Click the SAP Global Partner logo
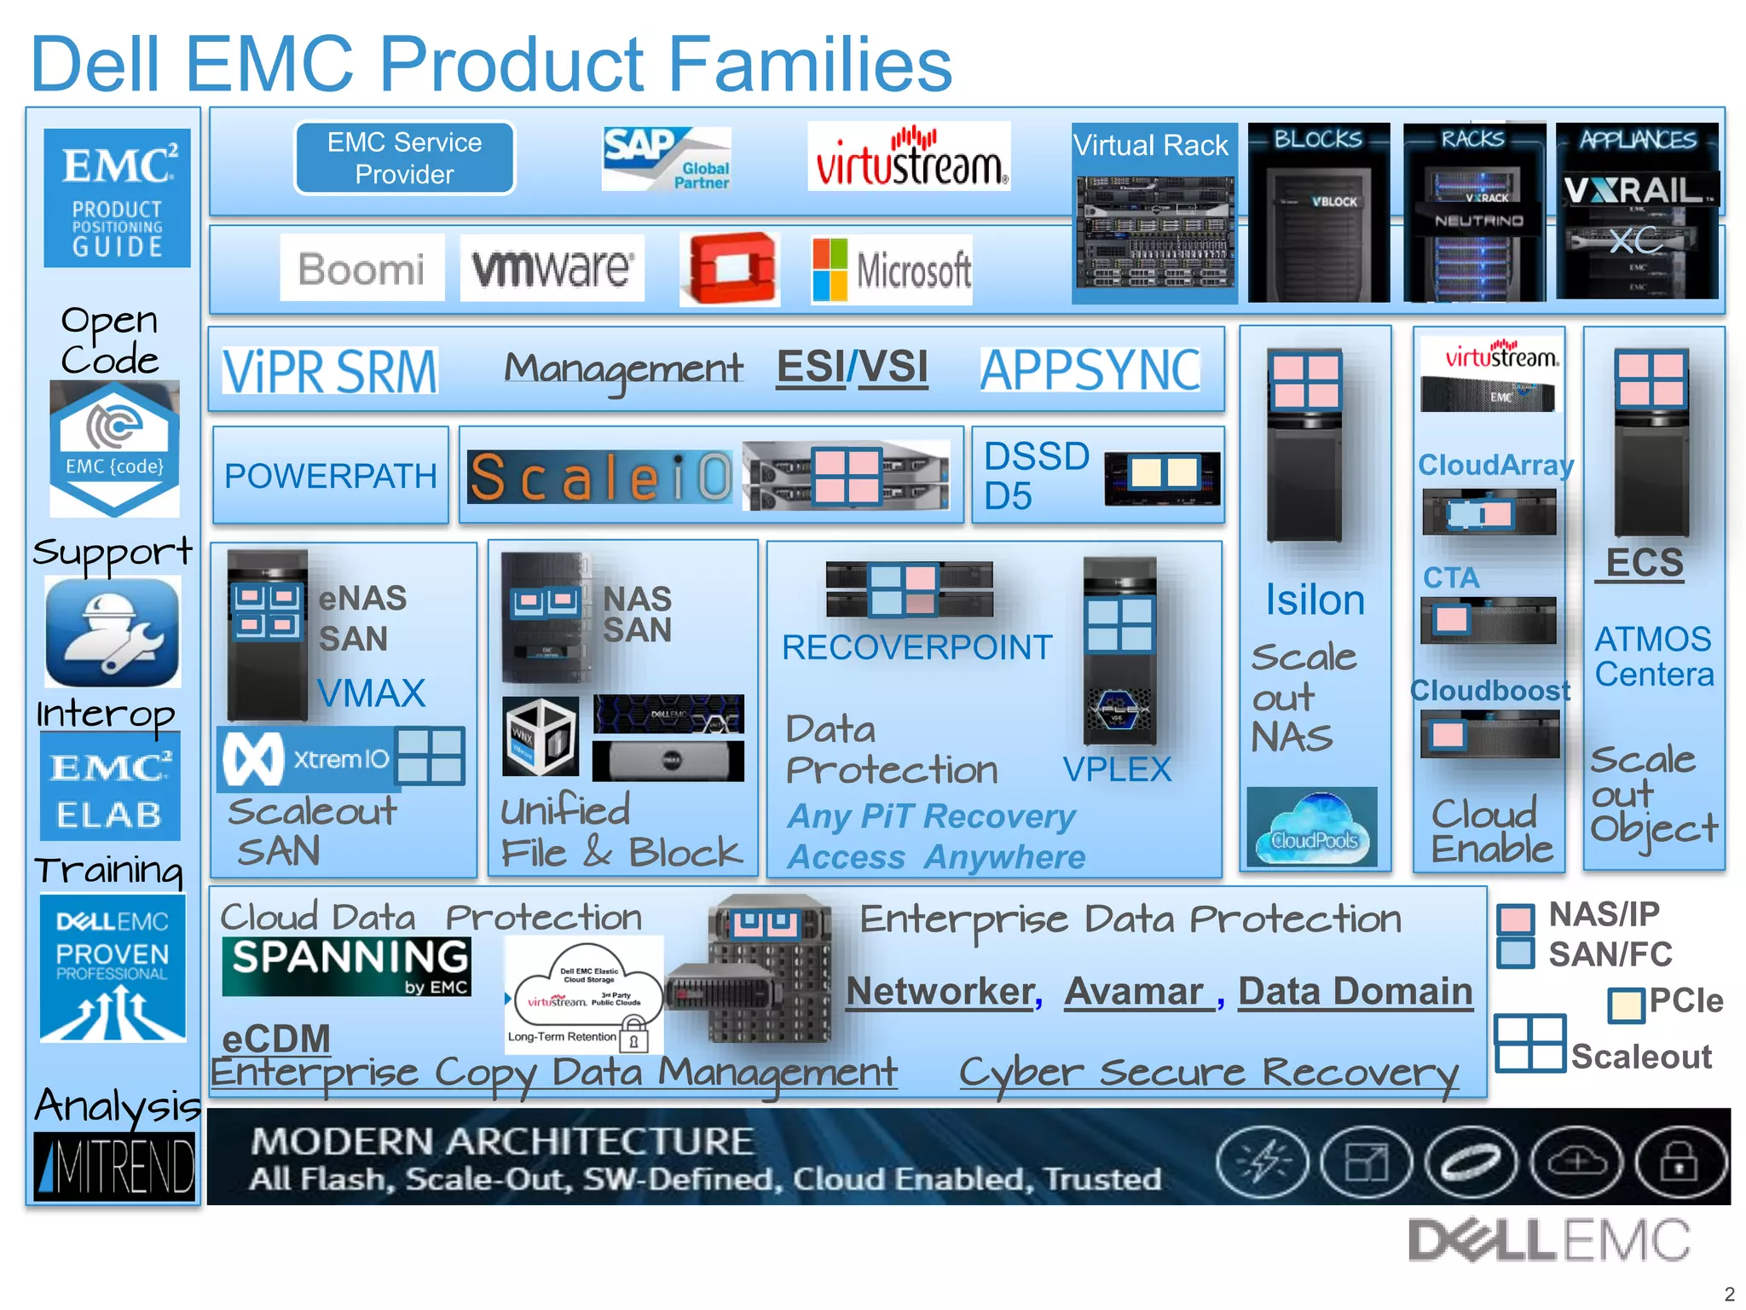(x=666, y=159)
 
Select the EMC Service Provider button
(x=404, y=159)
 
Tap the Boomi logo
(x=361, y=269)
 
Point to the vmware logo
(x=552, y=269)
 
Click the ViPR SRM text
(x=330, y=371)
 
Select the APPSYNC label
(x=1090, y=370)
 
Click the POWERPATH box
(x=330, y=476)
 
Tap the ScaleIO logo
(x=600, y=477)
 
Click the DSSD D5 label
(x=1035, y=476)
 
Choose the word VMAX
(x=371, y=693)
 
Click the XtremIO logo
(x=307, y=758)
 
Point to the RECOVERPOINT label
(x=916, y=647)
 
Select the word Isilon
(x=1314, y=600)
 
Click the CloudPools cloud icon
(x=1311, y=826)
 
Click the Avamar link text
(x=1135, y=991)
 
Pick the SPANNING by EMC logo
(x=346, y=966)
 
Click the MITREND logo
(x=114, y=1166)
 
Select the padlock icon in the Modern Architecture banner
(x=1678, y=1162)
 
